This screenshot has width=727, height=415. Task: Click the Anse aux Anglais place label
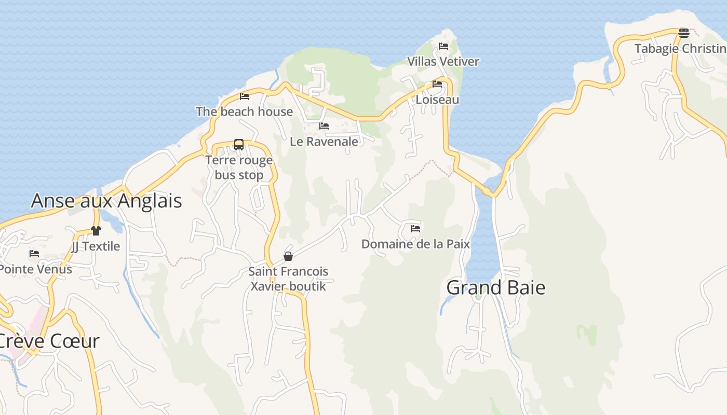pyautogui.click(x=106, y=201)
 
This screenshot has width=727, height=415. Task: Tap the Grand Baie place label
pyautogui.click(x=496, y=287)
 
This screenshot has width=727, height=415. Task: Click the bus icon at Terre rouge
pyautogui.click(x=239, y=145)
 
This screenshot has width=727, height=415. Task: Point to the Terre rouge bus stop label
pyautogui.click(x=239, y=168)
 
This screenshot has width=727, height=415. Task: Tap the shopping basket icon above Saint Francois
pyautogui.click(x=288, y=256)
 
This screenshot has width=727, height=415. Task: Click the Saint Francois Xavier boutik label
pyautogui.click(x=288, y=279)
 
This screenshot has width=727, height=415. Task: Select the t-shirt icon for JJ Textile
pyautogui.click(x=96, y=231)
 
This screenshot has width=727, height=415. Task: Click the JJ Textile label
pyautogui.click(x=96, y=246)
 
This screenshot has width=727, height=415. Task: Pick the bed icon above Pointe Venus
pyautogui.click(x=34, y=254)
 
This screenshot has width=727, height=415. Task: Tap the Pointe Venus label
pyautogui.click(x=35, y=269)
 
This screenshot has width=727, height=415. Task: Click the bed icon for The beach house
pyautogui.click(x=245, y=96)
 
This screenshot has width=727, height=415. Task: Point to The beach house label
pyautogui.click(x=244, y=112)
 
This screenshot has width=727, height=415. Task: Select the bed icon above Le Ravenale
pyautogui.click(x=324, y=126)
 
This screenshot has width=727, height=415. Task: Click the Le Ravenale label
pyautogui.click(x=324, y=141)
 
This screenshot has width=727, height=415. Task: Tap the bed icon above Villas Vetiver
pyautogui.click(x=443, y=46)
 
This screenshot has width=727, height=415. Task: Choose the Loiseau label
pyautogui.click(x=437, y=99)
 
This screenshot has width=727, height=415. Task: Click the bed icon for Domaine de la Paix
pyautogui.click(x=415, y=228)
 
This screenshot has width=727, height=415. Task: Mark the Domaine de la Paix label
pyautogui.click(x=415, y=244)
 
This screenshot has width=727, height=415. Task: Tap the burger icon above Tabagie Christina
pyautogui.click(x=684, y=33)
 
